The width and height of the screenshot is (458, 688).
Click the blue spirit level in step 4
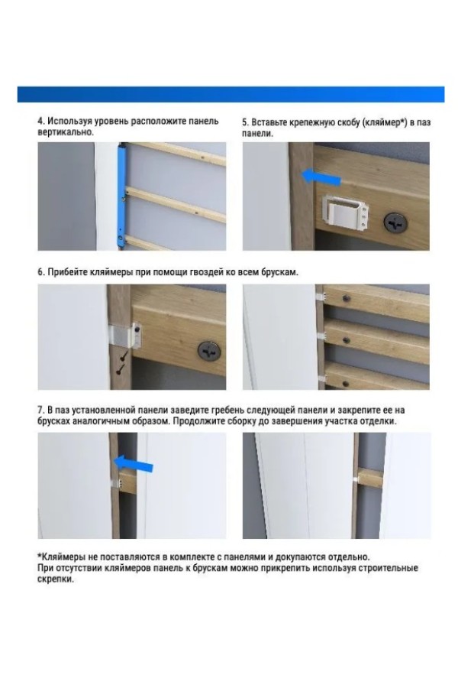pos(121,196)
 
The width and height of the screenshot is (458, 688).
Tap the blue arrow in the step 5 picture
pos(321,177)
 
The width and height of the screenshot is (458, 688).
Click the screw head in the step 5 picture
pos(395,223)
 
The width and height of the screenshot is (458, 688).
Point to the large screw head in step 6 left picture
pos(209,351)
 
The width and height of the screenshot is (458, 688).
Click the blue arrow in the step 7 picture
pos(134,463)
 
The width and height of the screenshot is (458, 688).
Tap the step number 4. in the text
pos(41,121)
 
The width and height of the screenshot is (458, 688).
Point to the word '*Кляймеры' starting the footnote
pos(61,557)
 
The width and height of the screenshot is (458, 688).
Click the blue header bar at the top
pos(231,94)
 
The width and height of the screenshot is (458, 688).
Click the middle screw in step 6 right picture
pos(347,340)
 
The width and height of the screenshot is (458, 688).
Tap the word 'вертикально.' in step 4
pos(66,132)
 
